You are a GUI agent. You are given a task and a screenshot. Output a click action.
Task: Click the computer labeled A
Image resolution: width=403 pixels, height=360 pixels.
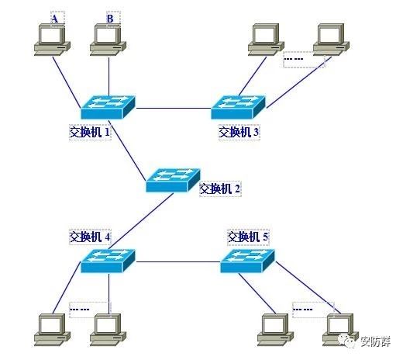coord(52,40)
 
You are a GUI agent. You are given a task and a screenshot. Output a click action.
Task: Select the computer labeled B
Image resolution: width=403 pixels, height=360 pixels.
coord(108,40)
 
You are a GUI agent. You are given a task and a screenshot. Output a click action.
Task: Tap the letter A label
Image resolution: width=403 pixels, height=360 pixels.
coord(55,19)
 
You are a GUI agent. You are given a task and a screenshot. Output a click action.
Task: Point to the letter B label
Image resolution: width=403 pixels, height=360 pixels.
coord(110,19)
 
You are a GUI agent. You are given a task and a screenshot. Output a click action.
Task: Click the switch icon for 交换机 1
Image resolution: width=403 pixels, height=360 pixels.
coord(108,107)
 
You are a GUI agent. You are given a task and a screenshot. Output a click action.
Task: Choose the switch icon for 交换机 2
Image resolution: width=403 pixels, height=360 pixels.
coord(173,180)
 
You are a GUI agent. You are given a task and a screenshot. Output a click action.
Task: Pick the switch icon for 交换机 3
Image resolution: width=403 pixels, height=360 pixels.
coord(238,107)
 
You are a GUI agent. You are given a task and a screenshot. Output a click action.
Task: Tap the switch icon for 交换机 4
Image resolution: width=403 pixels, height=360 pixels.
coord(108,261)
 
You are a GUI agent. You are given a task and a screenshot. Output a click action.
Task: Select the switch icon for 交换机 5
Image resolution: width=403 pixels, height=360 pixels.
coord(247,261)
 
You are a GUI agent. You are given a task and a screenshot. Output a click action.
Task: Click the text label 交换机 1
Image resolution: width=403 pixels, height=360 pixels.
coord(90,133)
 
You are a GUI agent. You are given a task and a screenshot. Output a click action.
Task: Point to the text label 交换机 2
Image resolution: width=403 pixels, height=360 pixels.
coord(220,189)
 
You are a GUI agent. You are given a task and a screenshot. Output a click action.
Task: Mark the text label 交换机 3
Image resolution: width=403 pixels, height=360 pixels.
coord(239,133)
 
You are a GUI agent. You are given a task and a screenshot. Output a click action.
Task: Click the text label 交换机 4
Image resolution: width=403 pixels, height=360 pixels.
coord(90,237)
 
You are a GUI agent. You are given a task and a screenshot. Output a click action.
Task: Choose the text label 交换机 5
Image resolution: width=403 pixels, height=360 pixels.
coord(248,237)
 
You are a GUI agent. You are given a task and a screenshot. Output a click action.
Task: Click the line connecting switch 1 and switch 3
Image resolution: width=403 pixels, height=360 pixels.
coord(174,108)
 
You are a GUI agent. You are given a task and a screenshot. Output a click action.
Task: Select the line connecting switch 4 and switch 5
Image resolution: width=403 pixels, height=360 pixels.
coord(178,261)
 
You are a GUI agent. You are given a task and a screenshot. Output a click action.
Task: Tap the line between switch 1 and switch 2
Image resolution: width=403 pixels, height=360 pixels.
coord(127,150)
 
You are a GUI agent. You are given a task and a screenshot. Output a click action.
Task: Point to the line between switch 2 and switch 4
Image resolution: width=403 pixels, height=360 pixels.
coord(142,221)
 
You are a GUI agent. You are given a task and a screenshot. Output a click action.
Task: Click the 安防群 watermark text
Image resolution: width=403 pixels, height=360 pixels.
coord(376,342)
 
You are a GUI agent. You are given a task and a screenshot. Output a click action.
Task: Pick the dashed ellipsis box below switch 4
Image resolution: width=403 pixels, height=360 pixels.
coord(90,310)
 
